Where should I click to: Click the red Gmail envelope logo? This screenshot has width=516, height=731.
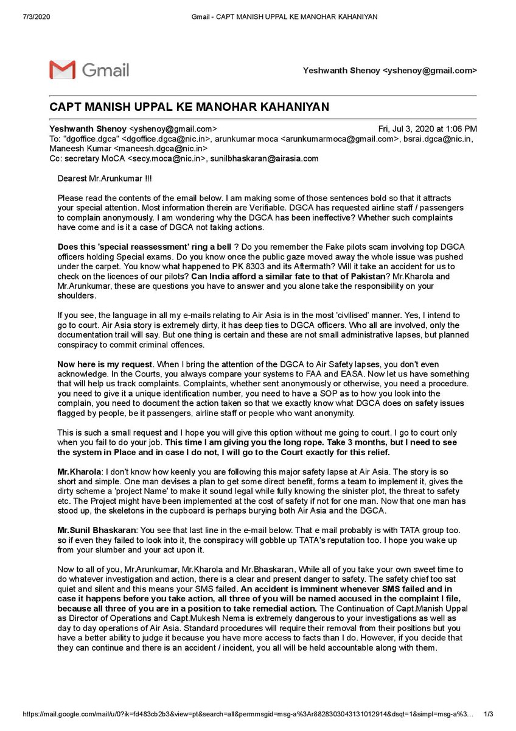click(x=62, y=69)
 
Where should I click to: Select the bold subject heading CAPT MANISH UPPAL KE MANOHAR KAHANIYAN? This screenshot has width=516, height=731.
click(x=189, y=107)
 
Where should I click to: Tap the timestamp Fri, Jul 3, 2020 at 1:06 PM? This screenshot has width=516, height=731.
click(x=428, y=129)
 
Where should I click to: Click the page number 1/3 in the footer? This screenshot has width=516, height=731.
click(x=488, y=713)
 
